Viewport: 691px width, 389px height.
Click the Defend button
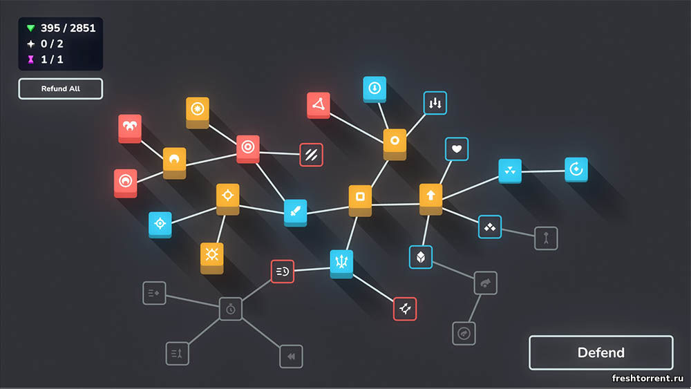[600, 352]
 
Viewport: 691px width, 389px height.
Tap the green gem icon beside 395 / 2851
[30, 28]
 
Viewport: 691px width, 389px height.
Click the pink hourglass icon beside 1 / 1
[31, 59]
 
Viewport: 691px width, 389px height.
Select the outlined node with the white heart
[457, 149]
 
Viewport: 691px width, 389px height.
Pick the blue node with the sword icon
[295, 212]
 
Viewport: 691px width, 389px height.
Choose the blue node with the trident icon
[341, 263]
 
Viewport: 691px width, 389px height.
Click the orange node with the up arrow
[430, 198]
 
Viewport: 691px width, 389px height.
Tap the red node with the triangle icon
[318, 105]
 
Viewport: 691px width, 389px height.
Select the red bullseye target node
[247, 149]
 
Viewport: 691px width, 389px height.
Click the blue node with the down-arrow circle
[375, 89]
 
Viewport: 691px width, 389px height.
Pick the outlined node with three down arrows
[435, 103]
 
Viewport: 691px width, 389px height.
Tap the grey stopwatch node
[231, 309]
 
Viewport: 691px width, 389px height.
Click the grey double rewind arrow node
[291, 357]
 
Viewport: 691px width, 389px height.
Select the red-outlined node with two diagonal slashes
[311, 155]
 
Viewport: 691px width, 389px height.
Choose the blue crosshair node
[160, 225]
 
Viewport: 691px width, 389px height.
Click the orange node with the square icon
[360, 200]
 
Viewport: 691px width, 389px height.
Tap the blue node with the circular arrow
[576, 169]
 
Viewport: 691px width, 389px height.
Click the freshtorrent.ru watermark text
[647, 378]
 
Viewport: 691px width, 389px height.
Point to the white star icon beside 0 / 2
[31, 44]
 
